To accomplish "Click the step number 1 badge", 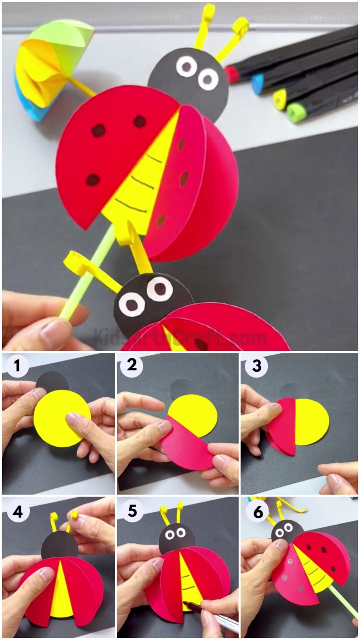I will pos(17,367).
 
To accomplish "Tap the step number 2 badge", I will pos(132,367).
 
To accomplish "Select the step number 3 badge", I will pos(256,367).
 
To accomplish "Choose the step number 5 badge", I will pos(132,511).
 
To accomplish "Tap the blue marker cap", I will pos(257,85).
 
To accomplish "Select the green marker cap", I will pos(296,112).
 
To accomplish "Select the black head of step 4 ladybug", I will pos(59,545).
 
